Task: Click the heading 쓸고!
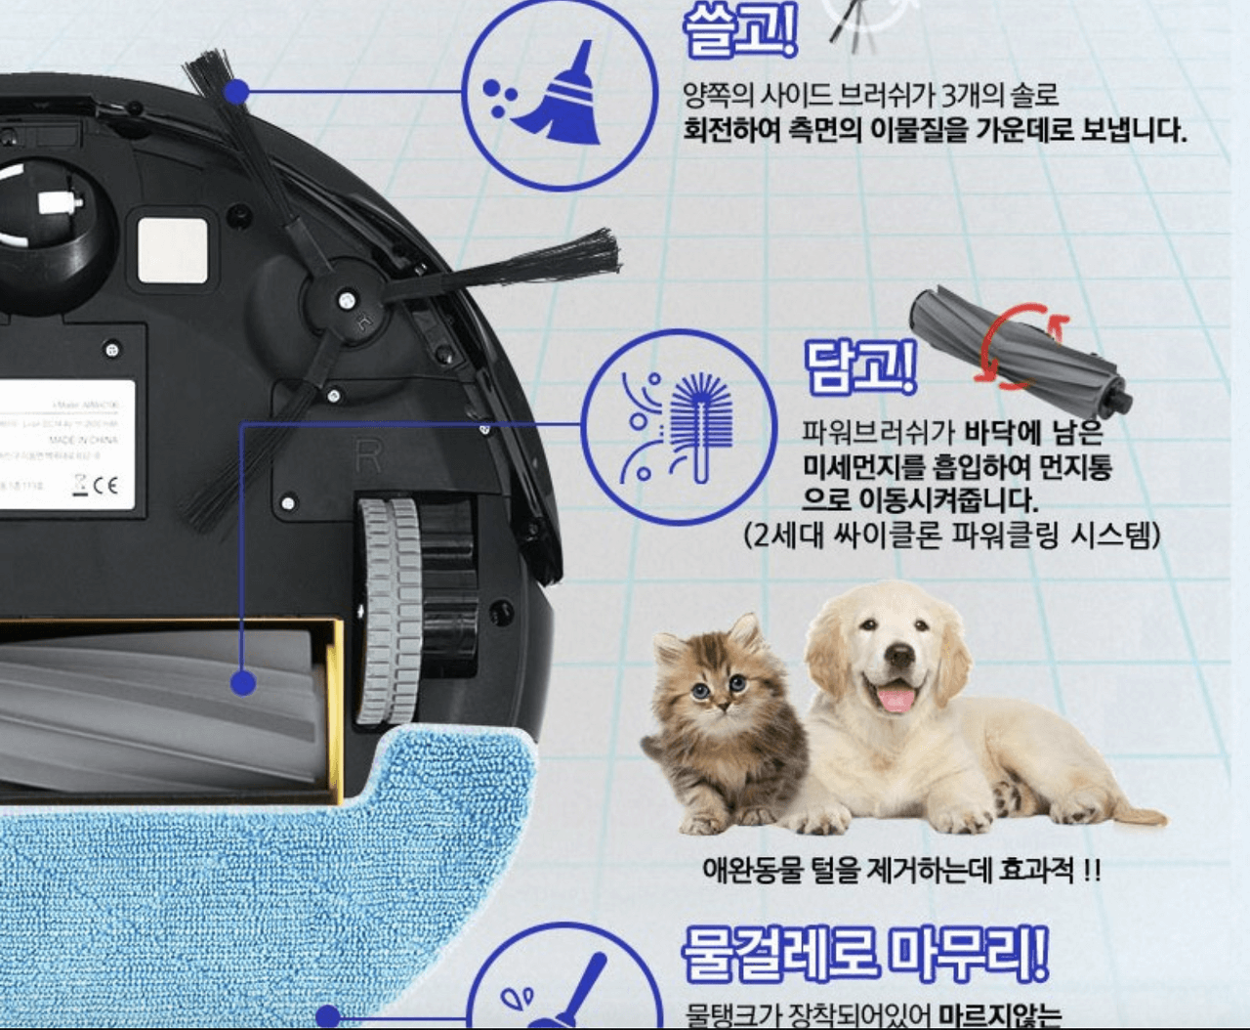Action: (x=739, y=31)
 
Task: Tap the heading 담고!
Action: (x=859, y=366)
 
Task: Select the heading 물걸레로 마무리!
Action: (x=864, y=953)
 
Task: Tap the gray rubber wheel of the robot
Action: (x=389, y=611)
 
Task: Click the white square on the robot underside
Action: (x=173, y=250)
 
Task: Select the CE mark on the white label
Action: (x=105, y=485)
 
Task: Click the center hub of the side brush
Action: (x=345, y=300)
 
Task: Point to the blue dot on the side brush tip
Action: (x=236, y=93)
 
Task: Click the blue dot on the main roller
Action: (x=243, y=682)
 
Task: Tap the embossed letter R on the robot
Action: (x=367, y=455)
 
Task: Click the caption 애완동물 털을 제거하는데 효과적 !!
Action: (x=900, y=869)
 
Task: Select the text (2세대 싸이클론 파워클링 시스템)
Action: (x=952, y=536)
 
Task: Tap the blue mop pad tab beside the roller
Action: (x=449, y=772)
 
